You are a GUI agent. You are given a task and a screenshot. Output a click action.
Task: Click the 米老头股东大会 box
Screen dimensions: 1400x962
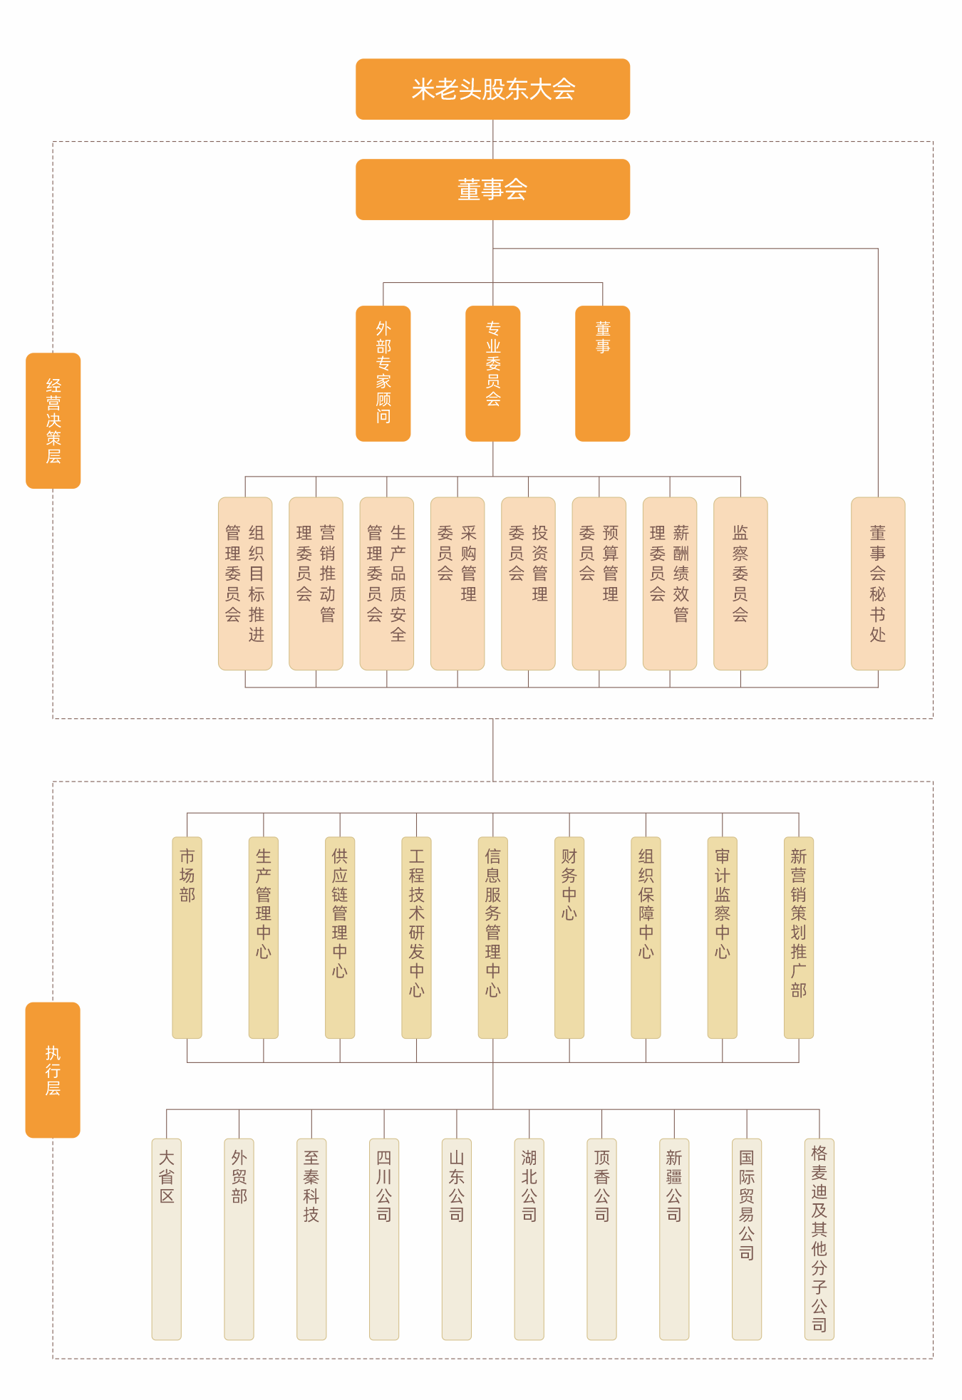(x=492, y=89)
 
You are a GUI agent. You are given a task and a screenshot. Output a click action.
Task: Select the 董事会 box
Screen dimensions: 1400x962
(x=492, y=190)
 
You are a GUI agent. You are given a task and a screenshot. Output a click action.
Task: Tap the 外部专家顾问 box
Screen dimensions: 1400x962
(x=383, y=373)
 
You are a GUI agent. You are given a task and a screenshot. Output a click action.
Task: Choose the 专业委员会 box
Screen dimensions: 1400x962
(x=492, y=373)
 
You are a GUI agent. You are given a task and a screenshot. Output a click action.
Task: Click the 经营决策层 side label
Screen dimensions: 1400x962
(x=53, y=420)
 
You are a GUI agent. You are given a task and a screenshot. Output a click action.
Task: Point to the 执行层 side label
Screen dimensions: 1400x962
(x=53, y=1069)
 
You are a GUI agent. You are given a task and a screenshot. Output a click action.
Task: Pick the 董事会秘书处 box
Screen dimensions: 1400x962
(x=878, y=584)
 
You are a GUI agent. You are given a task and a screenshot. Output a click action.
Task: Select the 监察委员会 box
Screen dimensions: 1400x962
(x=740, y=584)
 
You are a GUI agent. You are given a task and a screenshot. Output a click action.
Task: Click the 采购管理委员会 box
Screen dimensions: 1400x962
(x=457, y=584)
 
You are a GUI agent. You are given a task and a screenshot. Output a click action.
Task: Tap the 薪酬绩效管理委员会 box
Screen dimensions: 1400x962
(x=670, y=584)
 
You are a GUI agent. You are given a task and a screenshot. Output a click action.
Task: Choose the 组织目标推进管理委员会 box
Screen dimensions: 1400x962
(x=245, y=584)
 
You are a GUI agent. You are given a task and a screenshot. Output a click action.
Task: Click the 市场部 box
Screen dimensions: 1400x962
(x=187, y=937)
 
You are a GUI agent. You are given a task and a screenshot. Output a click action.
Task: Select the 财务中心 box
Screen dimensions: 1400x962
(x=569, y=937)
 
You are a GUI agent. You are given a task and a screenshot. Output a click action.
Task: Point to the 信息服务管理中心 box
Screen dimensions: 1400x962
(x=492, y=937)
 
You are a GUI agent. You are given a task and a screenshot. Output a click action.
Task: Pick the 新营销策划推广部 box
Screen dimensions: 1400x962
(x=799, y=937)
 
